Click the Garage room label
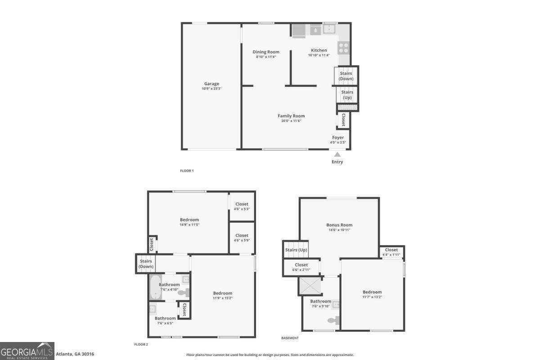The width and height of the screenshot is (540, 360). point(211,84)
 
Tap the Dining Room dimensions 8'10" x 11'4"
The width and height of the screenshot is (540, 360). point(266,57)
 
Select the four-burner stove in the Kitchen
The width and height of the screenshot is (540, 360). point(343,48)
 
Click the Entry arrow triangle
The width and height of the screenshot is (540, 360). point(337,154)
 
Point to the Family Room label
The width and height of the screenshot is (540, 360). point(291,116)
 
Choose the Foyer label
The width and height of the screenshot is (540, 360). point(338,137)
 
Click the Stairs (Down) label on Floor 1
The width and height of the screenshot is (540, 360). point(346,76)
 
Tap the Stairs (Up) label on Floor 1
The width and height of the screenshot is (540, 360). point(347,95)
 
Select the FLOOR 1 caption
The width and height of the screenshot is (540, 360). point(187,171)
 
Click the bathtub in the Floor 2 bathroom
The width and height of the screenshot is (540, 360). point(156,287)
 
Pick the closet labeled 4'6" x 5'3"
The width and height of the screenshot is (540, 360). point(242,207)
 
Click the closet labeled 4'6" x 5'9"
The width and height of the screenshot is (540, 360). point(242,238)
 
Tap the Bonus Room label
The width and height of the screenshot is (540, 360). point(339,225)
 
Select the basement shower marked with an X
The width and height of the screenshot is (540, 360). point(310,286)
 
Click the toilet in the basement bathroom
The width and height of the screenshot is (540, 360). point(333,320)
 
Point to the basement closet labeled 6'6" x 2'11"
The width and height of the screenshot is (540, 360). point(301,267)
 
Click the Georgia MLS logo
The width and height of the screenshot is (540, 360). point(27,351)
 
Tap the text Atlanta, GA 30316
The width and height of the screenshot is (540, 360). point(75,354)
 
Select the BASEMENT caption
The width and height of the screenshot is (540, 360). point(290,338)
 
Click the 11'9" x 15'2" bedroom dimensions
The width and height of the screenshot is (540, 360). point(222,298)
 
